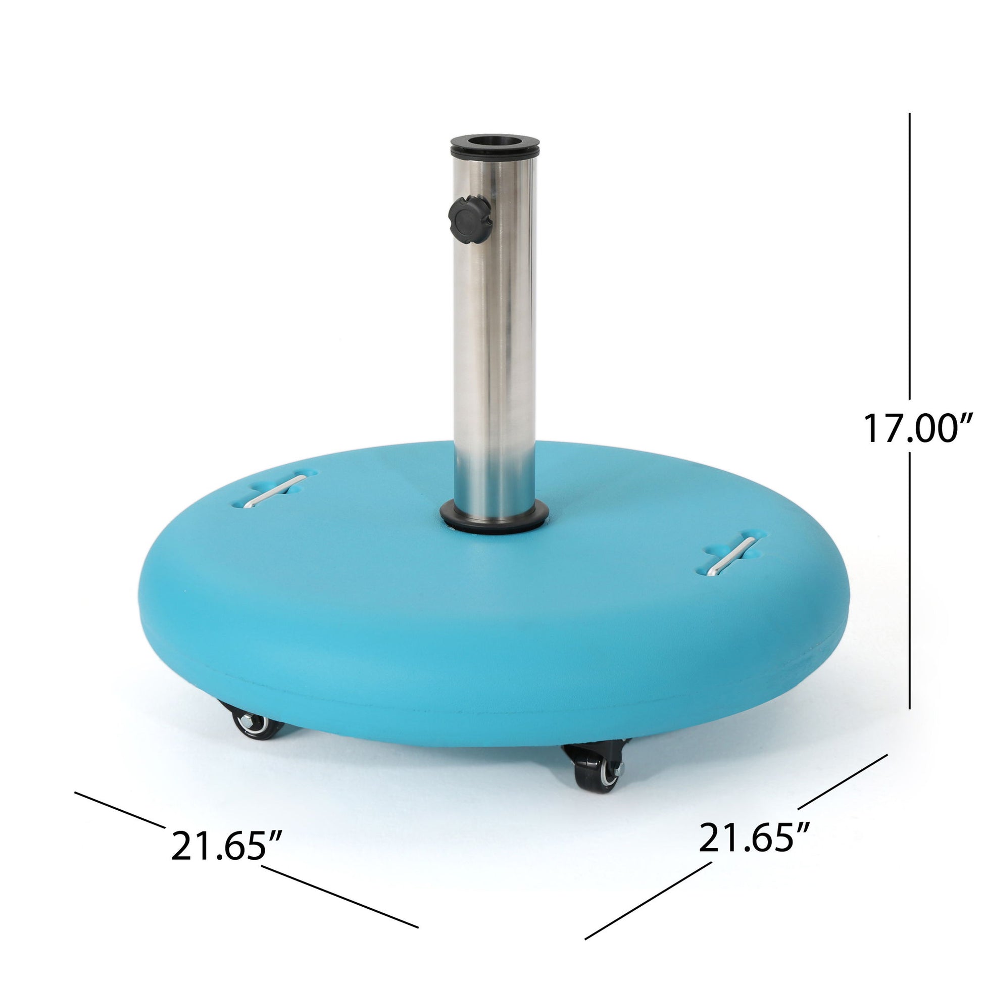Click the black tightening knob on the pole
click(x=470, y=221)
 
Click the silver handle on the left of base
click(x=275, y=491)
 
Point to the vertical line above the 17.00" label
click(x=909, y=255)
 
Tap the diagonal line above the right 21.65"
click(x=842, y=782)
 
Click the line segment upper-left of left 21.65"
click(x=120, y=809)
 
